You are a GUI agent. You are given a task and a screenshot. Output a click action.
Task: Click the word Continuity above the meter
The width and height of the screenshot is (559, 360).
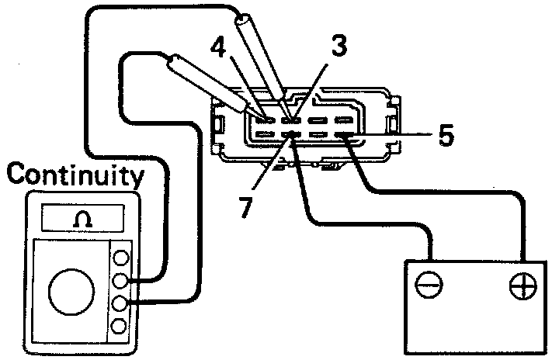(76, 176)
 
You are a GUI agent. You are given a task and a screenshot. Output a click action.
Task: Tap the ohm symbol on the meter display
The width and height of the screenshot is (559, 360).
(80, 220)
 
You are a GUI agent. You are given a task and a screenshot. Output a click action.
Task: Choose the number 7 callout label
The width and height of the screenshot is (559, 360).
(245, 207)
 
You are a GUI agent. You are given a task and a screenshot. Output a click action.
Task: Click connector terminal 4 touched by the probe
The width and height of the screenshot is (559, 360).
(266, 120)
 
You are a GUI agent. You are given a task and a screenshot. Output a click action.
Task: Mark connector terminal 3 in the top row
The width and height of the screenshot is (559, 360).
(291, 120)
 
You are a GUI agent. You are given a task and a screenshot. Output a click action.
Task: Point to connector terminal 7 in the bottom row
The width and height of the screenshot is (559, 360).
(291, 137)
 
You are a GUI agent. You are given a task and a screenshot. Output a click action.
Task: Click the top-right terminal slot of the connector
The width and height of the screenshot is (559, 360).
(344, 120)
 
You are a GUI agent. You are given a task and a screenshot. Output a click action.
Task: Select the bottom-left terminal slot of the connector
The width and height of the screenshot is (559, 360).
(266, 137)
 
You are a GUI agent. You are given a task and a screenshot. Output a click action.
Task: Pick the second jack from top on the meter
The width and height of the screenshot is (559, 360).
(120, 281)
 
